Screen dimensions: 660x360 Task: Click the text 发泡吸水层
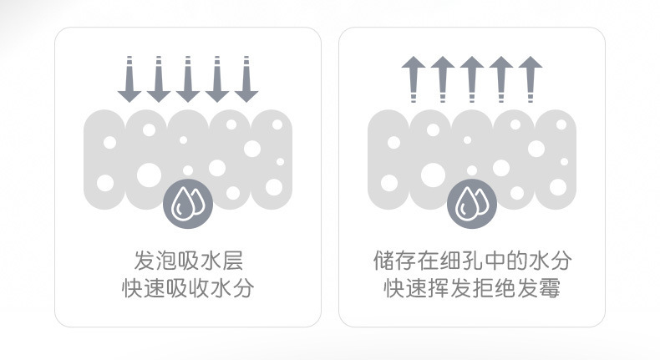tap(188, 258)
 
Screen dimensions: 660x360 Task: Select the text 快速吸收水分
tap(188, 289)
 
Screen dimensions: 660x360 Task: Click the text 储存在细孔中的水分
tap(472, 258)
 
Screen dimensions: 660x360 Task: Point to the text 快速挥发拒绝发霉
tap(472, 289)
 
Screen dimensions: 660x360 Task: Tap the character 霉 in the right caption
tap(549, 289)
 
